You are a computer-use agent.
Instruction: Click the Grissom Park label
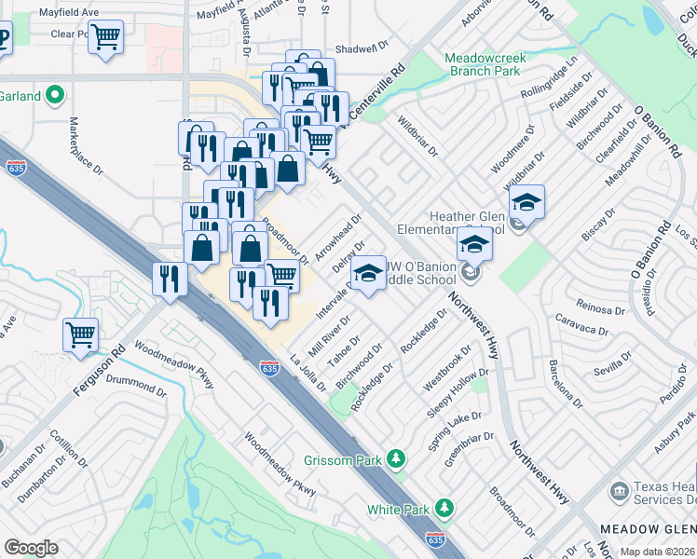click(346, 460)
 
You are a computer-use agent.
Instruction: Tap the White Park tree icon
click(445, 509)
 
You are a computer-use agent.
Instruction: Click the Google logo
click(31, 548)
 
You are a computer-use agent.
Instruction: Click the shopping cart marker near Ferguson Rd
click(80, 334)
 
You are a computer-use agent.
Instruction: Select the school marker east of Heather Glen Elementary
click(526, 202)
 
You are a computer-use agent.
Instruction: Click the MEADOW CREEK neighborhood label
click(647, 528)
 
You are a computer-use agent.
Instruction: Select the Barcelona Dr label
click(564, 384)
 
